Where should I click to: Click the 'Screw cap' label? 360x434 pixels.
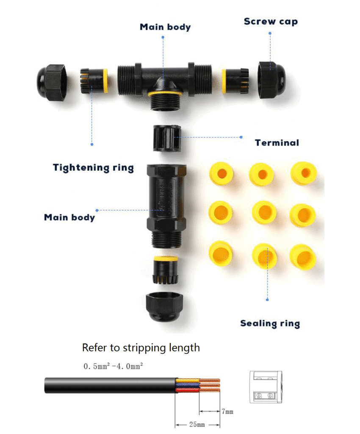pyautogui.click(x=271, y=22)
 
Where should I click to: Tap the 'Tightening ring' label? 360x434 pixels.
pyautogui.click(x=94, y=168)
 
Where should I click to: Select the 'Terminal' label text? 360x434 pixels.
pyautogui.click(x=277, y=143)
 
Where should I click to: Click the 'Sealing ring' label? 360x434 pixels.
pyautogui.click(x=270, y=323)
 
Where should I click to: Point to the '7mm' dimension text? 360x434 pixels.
pyautogui.click(x=227, y=412)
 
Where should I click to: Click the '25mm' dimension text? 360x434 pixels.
pyautogui.click(x=197, y=424)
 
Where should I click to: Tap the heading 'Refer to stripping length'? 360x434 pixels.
pyautogui.click(x=141, y=348)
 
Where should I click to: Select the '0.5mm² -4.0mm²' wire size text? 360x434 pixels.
pyautogui.click(x=113, y=366)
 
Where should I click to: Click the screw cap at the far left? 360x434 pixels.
pyautogui.click(x=52, y=83)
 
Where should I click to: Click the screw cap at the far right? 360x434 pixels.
pyautogui.click(x=271, y=80)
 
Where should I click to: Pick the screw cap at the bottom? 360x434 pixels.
pyautogui.click(x=164, y=306)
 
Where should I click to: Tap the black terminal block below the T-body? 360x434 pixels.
pyautogui.click(x=167, y=138)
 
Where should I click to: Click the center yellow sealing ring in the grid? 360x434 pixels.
pyautogui.click(x=264, y=212)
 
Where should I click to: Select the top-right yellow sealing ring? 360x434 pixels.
pyautogui.click(x=304, y=173)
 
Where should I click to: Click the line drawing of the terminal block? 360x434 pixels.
pyautogui.click(x=266, y=387)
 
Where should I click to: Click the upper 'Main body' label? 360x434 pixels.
pyautogui.click(x=165, y=27)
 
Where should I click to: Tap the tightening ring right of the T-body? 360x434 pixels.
pyautogui.click(x=235, y=81)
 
